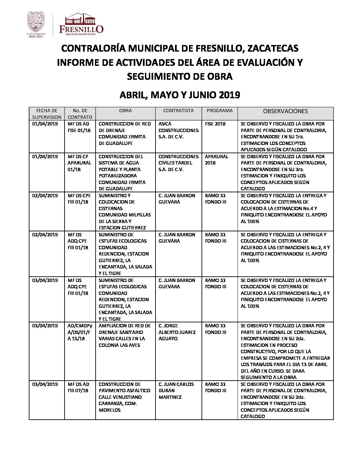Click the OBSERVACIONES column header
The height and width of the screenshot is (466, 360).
(x=285, y=112)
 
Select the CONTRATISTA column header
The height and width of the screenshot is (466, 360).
(x=178, y=111)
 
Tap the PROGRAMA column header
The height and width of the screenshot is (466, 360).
(x=219, y=111)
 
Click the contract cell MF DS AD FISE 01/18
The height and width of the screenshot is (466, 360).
(x=79, y=127)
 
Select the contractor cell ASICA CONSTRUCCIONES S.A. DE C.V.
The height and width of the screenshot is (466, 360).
(x=178, y=130)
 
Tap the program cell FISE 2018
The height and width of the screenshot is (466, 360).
(x=215, y=124)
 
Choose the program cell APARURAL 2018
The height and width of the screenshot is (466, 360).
(x=216, y=160)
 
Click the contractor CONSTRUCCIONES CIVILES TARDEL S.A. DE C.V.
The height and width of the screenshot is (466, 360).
(x=178, y=163)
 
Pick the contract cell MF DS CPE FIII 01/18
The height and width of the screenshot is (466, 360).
(x=78, y=199)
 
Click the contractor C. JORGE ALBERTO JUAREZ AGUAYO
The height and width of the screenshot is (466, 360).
(x=177, y=332)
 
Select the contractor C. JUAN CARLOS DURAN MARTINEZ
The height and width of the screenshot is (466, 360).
(x=176, y=391)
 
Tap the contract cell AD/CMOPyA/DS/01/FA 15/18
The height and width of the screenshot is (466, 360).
(x=80, y=332)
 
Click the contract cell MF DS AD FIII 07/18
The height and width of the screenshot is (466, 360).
(x=78, y=387)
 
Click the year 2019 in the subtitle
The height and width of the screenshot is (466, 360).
(x=229, y=95)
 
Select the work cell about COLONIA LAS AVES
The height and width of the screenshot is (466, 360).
(x=124, y=335)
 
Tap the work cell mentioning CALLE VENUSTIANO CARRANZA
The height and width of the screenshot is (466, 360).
(x=124, y=397)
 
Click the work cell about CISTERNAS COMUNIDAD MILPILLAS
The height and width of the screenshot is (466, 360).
(x=124, y=211)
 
